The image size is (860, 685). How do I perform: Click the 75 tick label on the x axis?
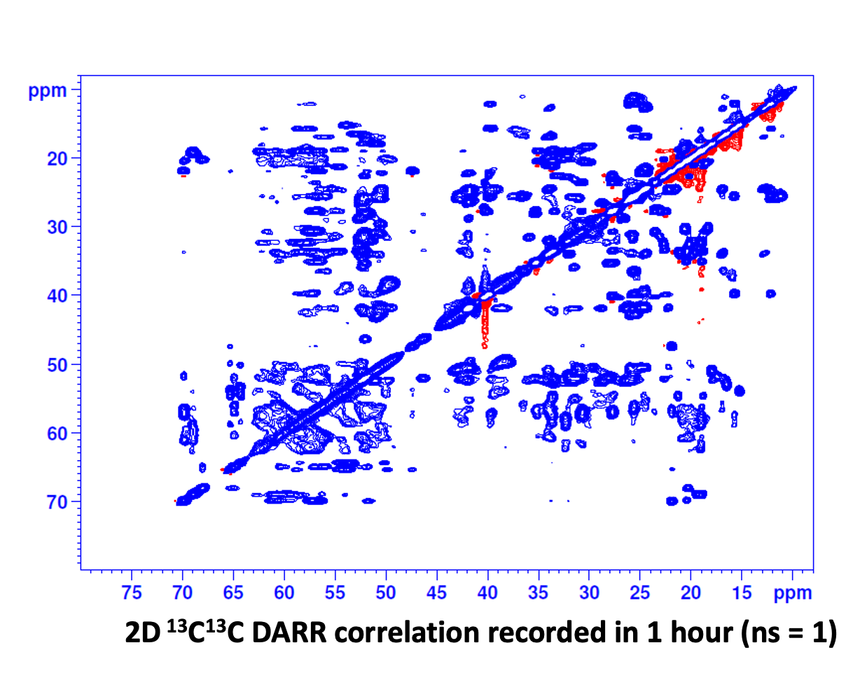132,592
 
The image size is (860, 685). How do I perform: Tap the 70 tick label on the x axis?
183,592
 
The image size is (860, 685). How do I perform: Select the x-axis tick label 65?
233,592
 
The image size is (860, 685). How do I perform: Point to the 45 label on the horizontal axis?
437,592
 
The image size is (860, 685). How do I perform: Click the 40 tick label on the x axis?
487,592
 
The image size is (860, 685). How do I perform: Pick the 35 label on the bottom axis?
539,592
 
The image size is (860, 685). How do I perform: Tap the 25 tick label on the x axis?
640,592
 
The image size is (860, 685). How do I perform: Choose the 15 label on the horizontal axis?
742,592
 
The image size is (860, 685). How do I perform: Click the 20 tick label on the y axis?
57,159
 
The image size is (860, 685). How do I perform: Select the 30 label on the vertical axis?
57,228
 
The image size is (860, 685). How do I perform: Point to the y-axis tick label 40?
57,296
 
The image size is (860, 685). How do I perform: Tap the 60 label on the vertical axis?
57,434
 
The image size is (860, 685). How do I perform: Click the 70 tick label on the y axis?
57,502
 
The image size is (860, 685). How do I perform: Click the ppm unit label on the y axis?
48,92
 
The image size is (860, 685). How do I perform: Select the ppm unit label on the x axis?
793,593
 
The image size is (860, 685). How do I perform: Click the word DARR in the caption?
290,633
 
